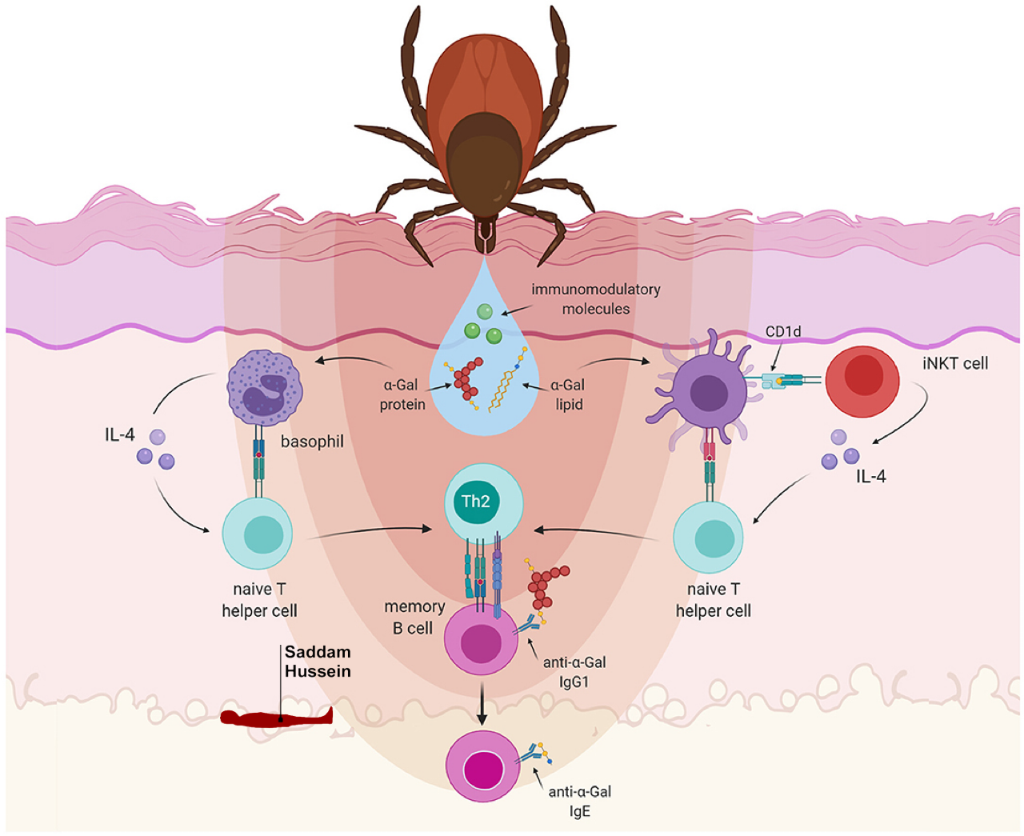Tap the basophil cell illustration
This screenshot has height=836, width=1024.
[x=265, y=390]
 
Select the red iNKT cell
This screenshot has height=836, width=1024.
[x=862, y=381]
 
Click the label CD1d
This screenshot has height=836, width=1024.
[x=782, y=331]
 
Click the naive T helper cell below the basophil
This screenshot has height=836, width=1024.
[x=257, y=534]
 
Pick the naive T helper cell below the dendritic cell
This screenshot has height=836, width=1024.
[x=709, y=537]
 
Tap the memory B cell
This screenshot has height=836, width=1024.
[x=481, y=640]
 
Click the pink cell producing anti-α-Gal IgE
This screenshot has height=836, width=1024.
[x=482, y=767]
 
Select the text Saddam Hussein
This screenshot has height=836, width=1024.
[x=318, y=662]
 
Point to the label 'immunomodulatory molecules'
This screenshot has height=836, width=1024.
[x=596, y=299]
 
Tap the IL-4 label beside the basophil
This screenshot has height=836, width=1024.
[x=120, y=434]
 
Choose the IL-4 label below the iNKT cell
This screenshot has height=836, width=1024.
[x=870, y=477]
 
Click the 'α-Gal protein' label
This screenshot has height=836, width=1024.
[x=402, y=394]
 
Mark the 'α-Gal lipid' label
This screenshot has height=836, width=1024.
[x=568, y=394]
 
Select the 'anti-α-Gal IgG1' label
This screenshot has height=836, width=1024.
[x=574, y=672]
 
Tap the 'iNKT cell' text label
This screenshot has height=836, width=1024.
[x=955, y=363]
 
